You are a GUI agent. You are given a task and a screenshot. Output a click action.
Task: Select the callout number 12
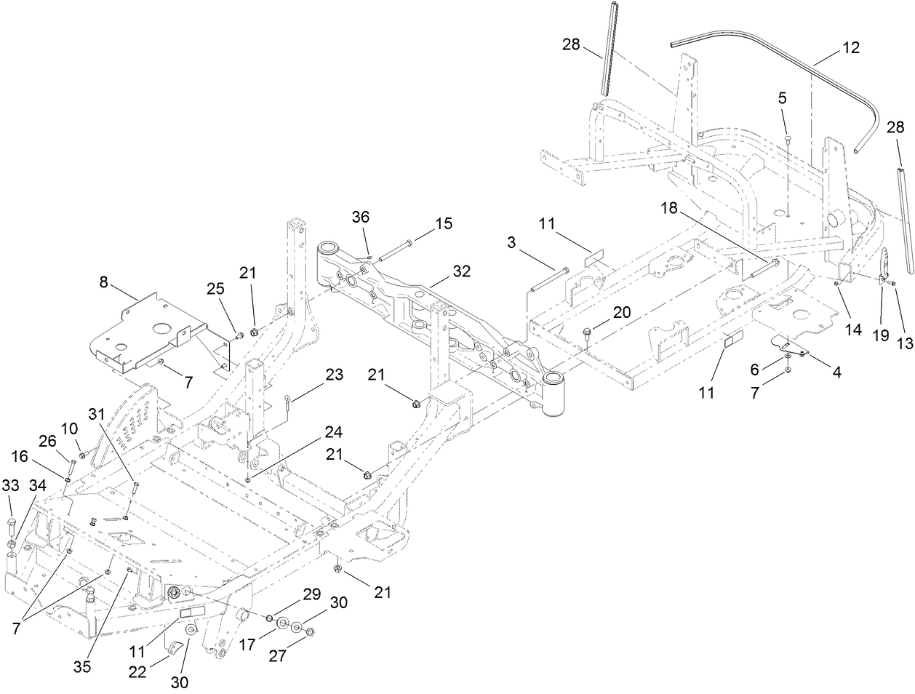coord(850,47)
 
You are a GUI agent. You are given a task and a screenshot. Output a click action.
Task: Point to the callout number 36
coord(361,217)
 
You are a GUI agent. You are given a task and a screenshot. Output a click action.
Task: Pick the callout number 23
coord(334,375)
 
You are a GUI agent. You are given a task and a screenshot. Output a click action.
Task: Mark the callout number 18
coord(668,208)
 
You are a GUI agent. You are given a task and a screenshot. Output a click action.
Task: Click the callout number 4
coord(837,373)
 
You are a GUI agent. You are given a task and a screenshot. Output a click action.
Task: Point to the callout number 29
coord(311,594)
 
